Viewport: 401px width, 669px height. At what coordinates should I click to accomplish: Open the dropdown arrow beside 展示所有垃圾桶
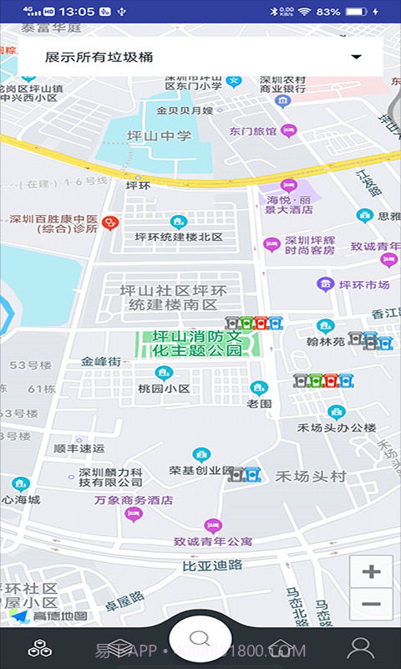point(357,57)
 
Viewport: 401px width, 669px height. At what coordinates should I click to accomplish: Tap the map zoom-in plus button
point(371,572)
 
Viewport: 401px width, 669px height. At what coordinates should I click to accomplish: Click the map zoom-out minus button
point(371,604)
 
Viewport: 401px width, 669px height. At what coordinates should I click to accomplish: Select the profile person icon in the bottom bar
point(361,647)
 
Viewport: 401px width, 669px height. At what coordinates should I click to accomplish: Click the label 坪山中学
point(159,136)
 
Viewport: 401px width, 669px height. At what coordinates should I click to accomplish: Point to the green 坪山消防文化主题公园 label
point(197,344)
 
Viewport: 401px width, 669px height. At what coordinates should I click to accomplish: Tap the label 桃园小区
point(164,389)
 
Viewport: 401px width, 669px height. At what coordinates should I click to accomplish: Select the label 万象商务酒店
point(133,500)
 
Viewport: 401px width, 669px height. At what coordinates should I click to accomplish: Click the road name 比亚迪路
point(212,565)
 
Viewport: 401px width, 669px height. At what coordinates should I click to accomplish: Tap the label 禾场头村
point(311,477)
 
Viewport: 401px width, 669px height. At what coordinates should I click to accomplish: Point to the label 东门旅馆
point(253,131)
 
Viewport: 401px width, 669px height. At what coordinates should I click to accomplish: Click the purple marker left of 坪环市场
point(324,284)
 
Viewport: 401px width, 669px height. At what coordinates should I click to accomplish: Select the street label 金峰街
point(101,362)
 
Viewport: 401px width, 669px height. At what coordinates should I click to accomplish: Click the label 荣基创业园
point(201,470)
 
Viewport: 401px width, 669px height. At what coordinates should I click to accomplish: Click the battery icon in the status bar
point(357,12)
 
